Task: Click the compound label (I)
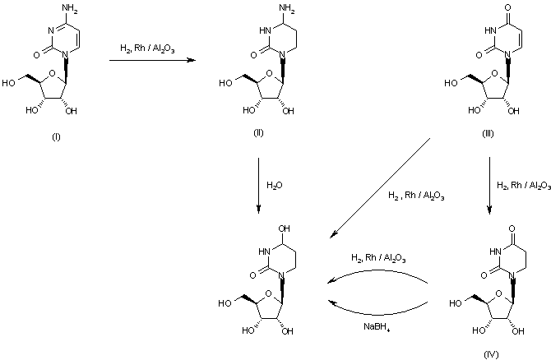pos(56,136)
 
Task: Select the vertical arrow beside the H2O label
pos(259,185)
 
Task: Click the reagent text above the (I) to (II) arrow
pos(148,48)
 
